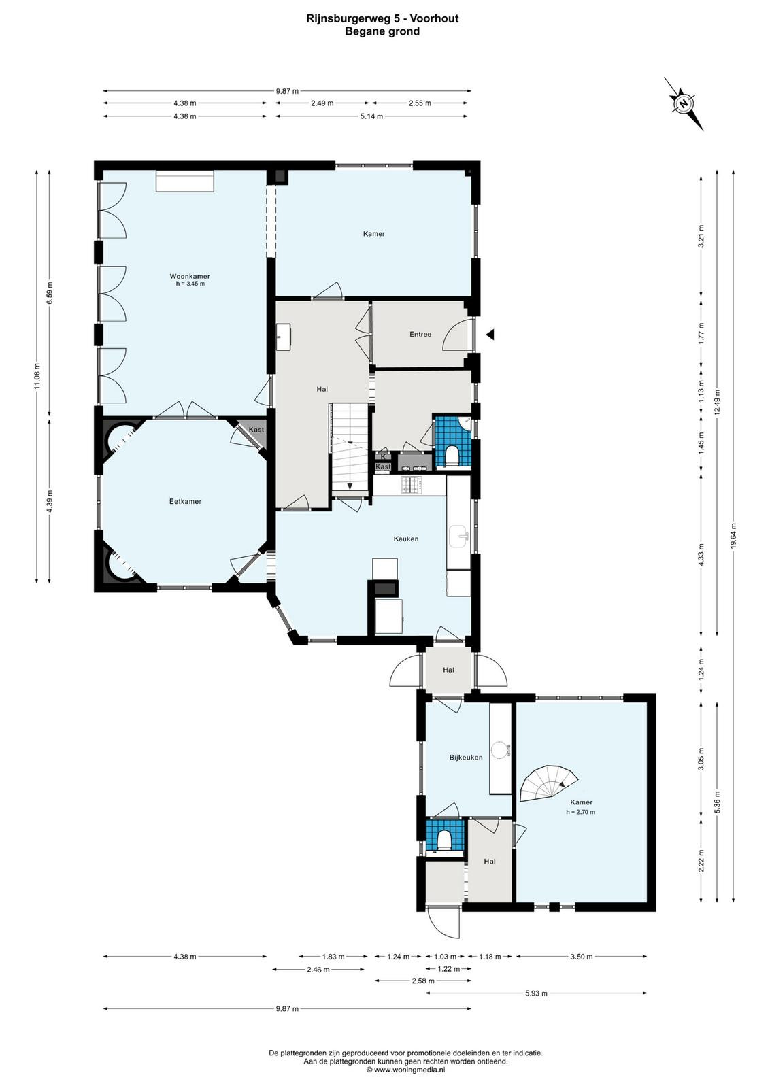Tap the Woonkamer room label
click(x=190, y=276)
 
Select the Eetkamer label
click(x=185, y=501)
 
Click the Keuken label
click(x=405, y=539)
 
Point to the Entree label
click(x=420, y=334)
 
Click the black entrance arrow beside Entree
click(x=490, y=334)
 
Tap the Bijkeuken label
click(x=466, y=758)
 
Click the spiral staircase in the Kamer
click(x=549, y=783)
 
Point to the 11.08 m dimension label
click(x=37, y=377)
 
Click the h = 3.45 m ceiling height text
click(x=190, y=284)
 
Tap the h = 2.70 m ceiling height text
click(x=580, y=812)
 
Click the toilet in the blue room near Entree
click(x=452, y=456)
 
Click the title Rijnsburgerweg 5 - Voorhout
click(x=382, y=18)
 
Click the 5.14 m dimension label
click(x=371, y=116)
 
